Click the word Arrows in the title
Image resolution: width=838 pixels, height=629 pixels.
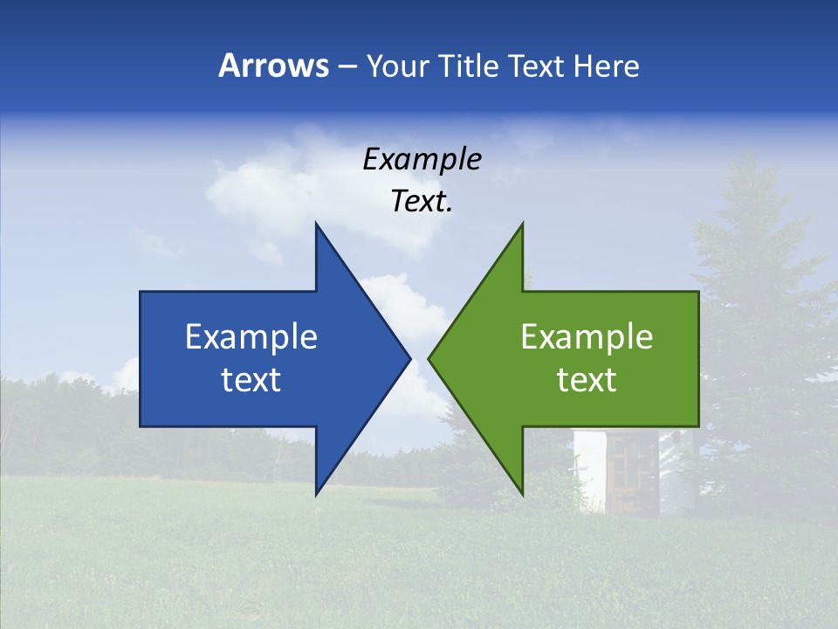point(274,66)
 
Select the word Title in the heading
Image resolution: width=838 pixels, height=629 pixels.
point(469,66)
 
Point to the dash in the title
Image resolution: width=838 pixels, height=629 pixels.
point(347,67)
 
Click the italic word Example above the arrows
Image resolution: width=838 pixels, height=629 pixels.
point(422,160)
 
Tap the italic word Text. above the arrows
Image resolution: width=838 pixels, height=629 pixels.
point(422,202)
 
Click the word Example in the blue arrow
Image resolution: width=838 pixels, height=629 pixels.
point(251,337)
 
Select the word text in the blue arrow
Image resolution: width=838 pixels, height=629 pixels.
point(251,380)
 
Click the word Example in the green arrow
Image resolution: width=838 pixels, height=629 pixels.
point(587,337)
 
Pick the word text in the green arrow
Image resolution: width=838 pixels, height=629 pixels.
point(587,380)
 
